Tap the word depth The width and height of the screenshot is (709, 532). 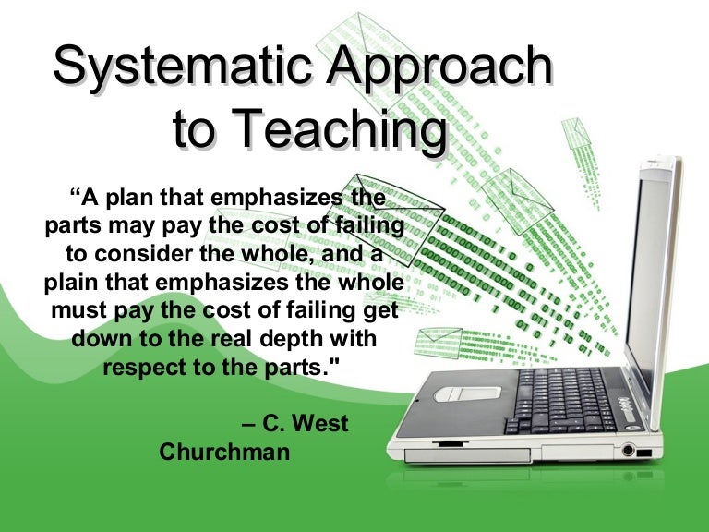295,338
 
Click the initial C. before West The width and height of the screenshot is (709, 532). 273,426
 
